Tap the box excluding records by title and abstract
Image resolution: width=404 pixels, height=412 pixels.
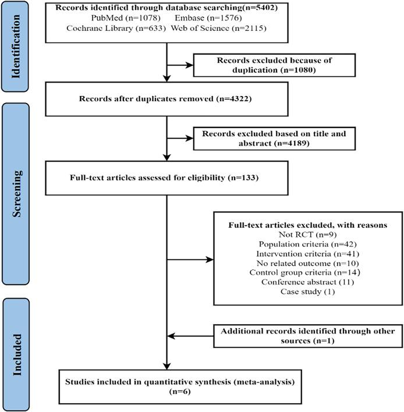point(274,137)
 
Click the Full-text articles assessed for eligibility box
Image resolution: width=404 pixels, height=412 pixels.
point(166,179)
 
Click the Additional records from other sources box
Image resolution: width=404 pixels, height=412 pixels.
point(307,336)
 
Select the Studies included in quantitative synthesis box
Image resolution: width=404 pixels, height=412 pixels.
point(166,386)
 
